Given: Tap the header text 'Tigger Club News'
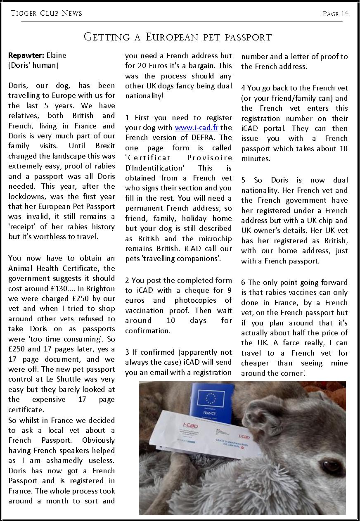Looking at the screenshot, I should point(46,14).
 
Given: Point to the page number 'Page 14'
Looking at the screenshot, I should point(335,14).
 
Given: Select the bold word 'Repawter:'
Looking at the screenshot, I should point(26,55).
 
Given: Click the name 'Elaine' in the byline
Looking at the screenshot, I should point(56,55).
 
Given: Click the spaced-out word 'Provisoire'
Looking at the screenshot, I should point(209,158).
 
